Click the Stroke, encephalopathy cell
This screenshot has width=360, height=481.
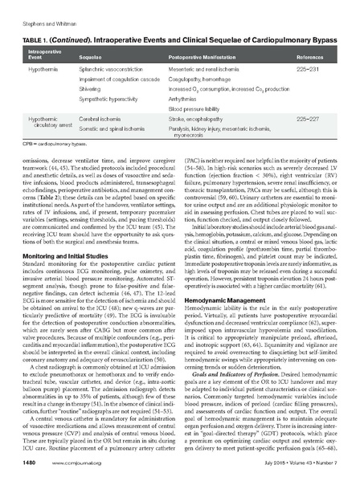(197, 118)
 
